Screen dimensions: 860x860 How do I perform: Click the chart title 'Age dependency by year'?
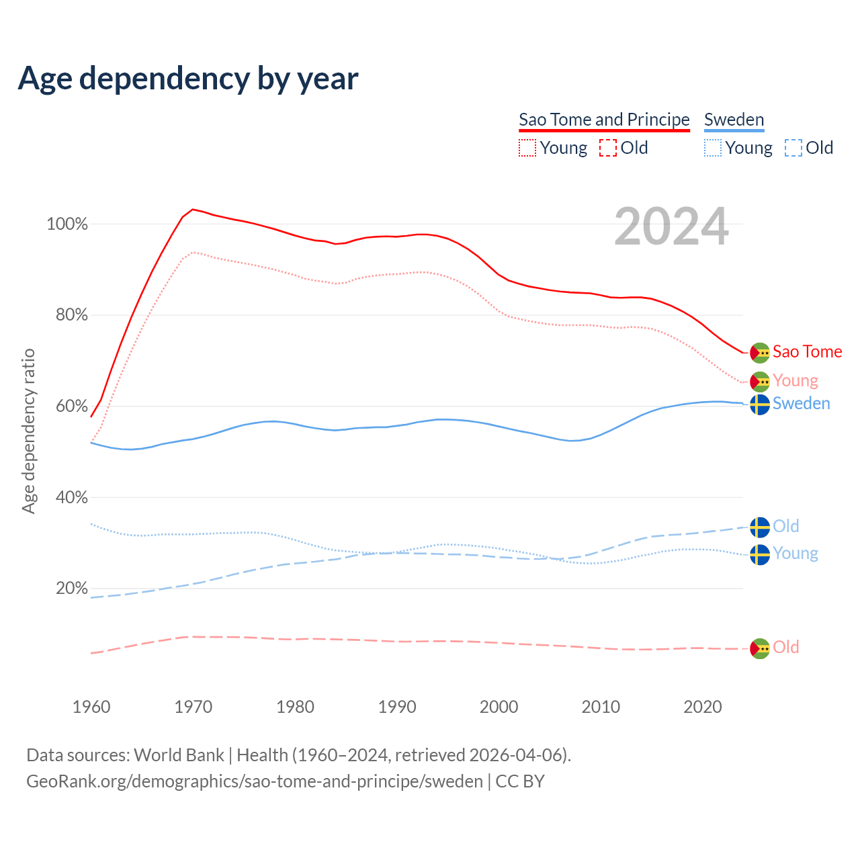pyautogui.click(x=188, y=78)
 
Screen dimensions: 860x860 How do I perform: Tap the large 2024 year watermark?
pyautogui.click(x=671, y=227)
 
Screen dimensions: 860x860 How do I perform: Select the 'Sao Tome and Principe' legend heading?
pyautogui.click(x=604, y=120)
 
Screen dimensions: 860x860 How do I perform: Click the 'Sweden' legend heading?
pyautogui.click(x=734, y=120)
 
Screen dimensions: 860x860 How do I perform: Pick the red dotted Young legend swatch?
pyautogui.click(x=527, y=148)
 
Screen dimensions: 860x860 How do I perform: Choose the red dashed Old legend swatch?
pyautogui.click(x=607, y=148)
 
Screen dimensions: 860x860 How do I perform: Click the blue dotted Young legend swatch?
pyautogui.click(x=713, y=148)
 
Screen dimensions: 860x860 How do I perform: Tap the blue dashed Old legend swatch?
pyautogui.click(x=793, y=148)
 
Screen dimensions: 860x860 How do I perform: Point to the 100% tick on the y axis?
pyautogui.click(x=67, y=224)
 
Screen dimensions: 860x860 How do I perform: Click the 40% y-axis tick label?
pyautogui.click(x=72, y=497)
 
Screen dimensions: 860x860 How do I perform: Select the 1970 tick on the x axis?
pyautogui.click(x=193, y=707)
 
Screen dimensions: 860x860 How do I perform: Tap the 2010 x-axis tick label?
pyautogui.click(x=601, y=707)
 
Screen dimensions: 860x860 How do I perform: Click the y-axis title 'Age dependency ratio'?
pyautogui.click(x=28, y=431)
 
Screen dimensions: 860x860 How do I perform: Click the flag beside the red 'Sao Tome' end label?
pyautogui.click(x=760, y=353)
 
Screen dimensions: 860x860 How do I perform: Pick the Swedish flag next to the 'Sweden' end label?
pyautogui.click(x=760, y=404)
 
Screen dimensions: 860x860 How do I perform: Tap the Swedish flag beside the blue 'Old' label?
pyautogui.click(x=760, y=527)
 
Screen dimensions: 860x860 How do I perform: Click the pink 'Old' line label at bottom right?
pyautogui.click(x=785, y=647)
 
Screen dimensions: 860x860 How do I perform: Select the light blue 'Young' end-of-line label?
pyautogui.click(x=795, y=554)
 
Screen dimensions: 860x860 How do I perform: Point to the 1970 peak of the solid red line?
pyautogui.click(x=193, y=210)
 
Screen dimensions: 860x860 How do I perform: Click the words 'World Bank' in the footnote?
pyautogui.click(x=179, y=755)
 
